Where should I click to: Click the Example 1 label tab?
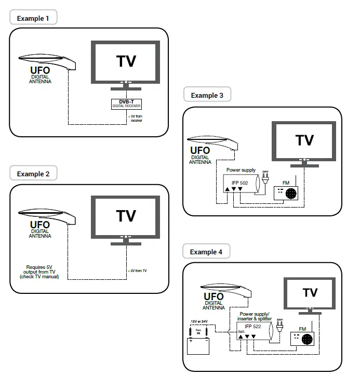[x=33, y=18]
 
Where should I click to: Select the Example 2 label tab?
[x=33, y=174]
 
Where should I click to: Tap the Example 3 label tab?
[x=207, y=95]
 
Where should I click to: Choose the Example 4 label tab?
[x=206, y=252]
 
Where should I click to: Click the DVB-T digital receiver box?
[x=126, y=104]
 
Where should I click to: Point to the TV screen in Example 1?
[x=126, y=61]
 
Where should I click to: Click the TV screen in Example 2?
[x=126, y=216]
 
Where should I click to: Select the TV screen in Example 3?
[x=304, y=140]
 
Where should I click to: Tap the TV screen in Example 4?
[x=310, y=293]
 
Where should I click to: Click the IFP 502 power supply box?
[x=241, y=185]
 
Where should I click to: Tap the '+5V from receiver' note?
[x=136, y=118]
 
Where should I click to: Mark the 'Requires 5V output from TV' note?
[x=39, y=272]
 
